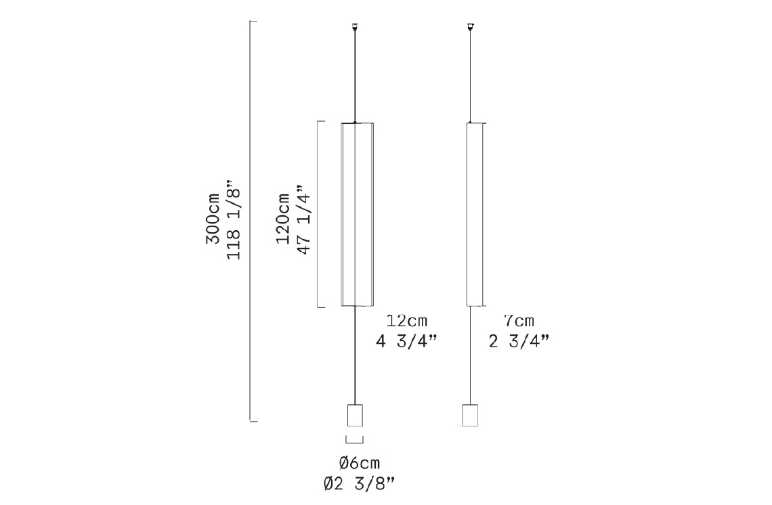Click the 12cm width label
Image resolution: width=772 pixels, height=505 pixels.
pos(407,321)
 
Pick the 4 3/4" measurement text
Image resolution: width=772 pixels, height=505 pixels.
pos(407,341)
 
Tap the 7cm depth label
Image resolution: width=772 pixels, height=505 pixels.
pos(519,321)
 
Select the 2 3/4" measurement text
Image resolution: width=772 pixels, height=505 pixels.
pos(519,341)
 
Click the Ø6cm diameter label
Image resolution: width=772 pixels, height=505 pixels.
pos(360,463)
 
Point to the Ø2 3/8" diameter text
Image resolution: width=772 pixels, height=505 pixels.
pos(360,483)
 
